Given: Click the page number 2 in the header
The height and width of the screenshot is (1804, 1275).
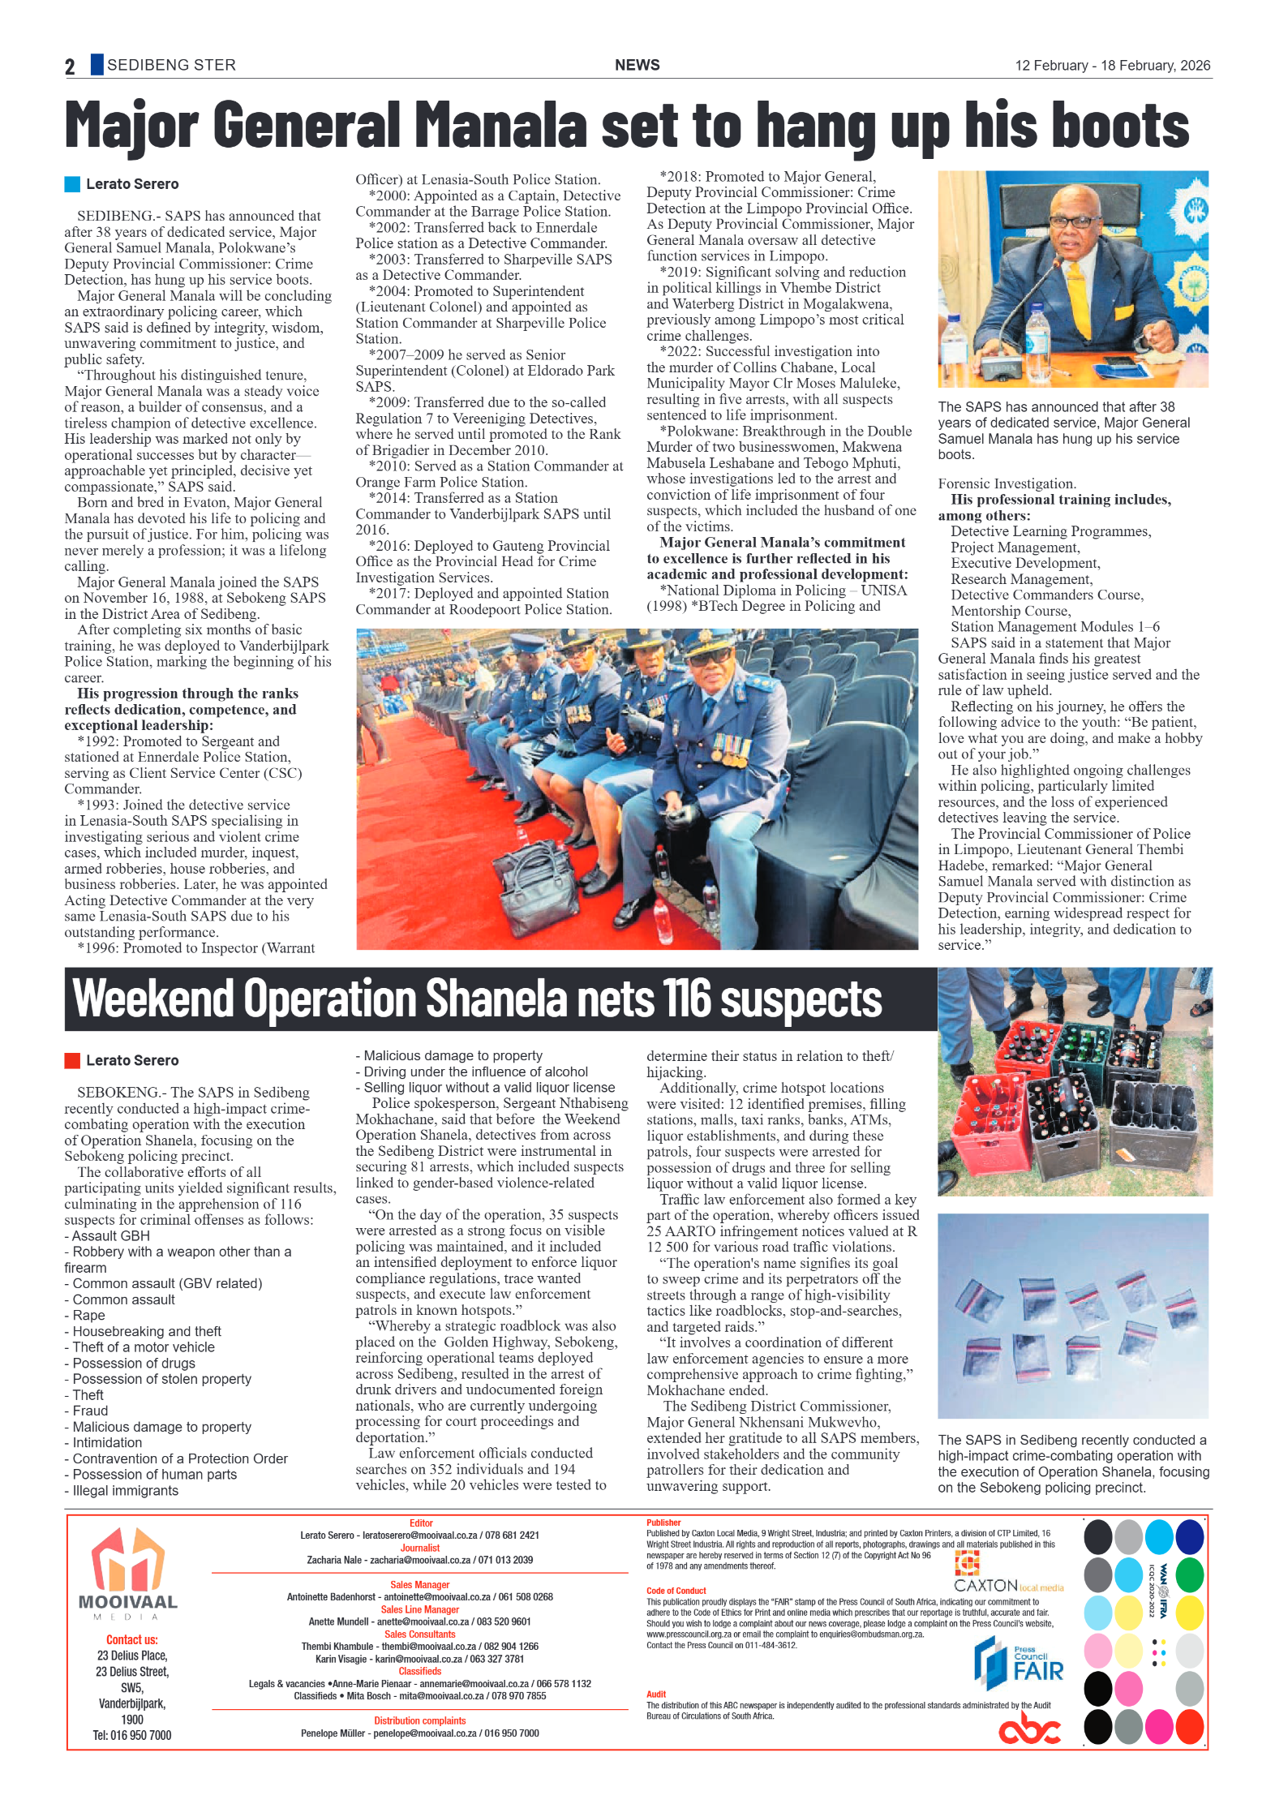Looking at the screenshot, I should (70, 67).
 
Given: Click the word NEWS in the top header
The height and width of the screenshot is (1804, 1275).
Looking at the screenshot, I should (637, 65).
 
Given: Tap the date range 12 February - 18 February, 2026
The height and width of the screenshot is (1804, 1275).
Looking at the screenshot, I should (1112, 66).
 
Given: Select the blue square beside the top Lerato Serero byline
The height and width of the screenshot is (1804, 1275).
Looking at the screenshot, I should (72, 184).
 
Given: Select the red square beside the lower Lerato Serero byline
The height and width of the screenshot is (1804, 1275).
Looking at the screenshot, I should (72, 1060).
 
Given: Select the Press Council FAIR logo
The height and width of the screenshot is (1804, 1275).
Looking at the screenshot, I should (1018, 1664).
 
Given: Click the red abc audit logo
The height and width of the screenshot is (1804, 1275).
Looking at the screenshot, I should (1028, 1728).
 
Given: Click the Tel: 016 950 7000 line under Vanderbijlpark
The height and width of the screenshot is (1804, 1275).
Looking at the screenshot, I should (131, 1735).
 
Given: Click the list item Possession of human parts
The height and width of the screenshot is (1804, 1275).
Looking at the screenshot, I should (154, 1475).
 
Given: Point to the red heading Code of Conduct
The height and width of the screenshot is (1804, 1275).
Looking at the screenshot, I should (676, 1591).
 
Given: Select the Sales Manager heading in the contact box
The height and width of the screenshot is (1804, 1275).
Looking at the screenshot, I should (419, 1584).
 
